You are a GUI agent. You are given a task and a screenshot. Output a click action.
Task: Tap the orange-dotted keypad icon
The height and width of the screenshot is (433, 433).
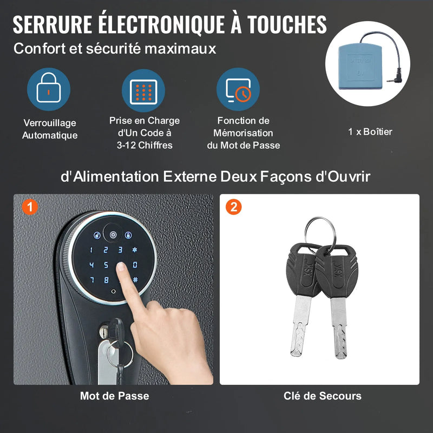[143, 91]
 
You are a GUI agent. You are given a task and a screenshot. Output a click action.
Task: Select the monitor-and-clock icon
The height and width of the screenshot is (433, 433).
[238, 89]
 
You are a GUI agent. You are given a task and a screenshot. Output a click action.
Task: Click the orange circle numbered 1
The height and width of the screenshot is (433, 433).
[30, 207]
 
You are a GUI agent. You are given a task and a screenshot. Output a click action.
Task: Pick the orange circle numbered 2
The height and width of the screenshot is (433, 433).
[234, 207]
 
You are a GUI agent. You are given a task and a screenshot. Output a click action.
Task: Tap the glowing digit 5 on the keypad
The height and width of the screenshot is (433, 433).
[106, 265]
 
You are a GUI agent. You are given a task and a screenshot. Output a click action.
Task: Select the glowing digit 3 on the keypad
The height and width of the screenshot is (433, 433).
[120, 250]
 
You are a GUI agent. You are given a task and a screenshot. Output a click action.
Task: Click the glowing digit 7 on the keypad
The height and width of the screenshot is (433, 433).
[92, 280]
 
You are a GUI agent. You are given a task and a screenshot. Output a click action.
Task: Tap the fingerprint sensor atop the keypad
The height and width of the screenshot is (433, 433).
[113, 234]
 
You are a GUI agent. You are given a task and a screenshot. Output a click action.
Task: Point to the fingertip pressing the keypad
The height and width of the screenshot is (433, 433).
[121, 267]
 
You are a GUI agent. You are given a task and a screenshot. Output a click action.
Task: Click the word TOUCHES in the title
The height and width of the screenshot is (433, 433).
[287, 24]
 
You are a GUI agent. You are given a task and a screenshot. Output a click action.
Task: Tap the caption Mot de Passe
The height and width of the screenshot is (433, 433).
[115, 396]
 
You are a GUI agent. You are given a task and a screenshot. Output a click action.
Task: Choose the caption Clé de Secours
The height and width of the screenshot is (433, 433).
[323, 396]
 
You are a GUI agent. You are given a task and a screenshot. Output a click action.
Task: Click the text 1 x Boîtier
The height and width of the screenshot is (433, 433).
[370, 132]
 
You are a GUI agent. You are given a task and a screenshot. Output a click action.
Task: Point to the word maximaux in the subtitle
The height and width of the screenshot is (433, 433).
[180, 49]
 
